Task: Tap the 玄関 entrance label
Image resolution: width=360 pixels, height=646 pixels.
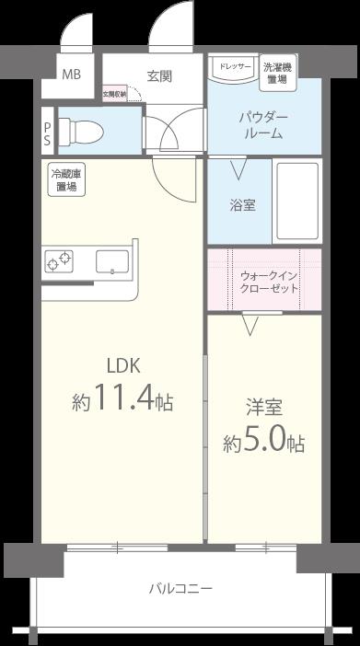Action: [x=159, y=75]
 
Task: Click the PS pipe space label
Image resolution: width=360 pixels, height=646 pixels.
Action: [x=47, y=129]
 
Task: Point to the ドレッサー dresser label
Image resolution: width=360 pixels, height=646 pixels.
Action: [x=234, y=67]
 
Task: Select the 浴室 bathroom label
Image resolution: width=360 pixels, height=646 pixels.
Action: [x=242, y=204]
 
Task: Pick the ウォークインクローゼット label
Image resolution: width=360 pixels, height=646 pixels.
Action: [x=268, y=281]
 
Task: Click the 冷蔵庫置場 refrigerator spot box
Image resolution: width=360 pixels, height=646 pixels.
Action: [x=65, y=180]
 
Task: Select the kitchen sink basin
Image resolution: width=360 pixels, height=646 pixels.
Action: [x=112, y=262]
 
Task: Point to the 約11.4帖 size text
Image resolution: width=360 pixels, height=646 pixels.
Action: [x=122, y=401]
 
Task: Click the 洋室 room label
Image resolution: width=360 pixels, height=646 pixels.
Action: [x=264, y=405]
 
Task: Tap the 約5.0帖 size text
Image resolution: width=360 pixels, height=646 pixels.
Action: [x=264, y=443]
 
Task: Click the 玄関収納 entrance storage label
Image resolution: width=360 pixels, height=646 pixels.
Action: [x=114, y=94]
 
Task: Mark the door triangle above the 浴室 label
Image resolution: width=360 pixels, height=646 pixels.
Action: [x=238, y=169]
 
